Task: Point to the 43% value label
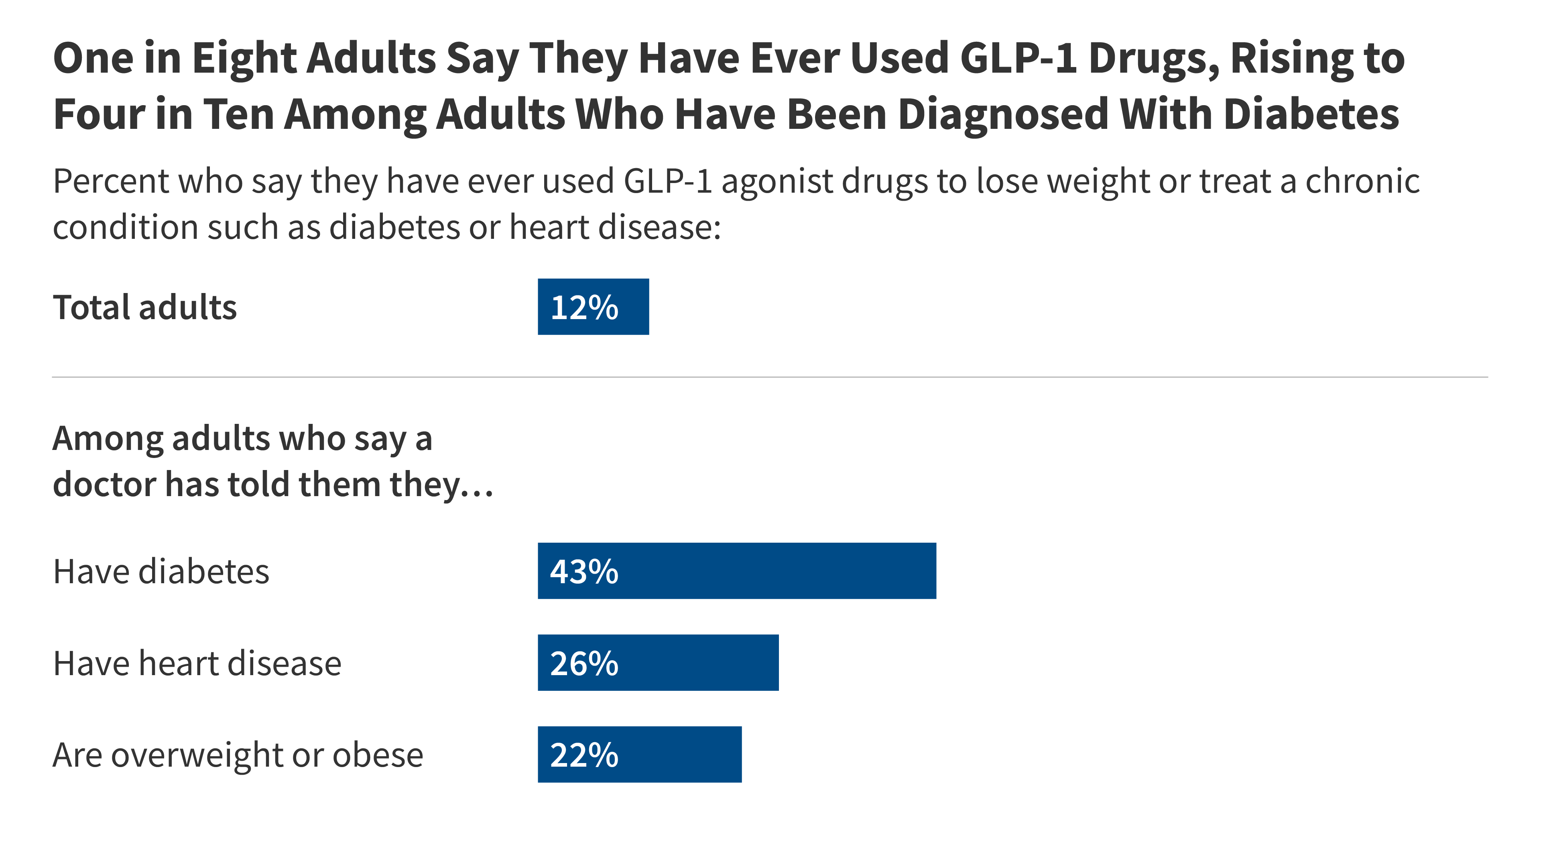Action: coord(584,572)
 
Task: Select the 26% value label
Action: coord(584,663)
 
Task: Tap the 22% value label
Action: coord(584,755)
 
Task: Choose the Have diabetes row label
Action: coord(161,572)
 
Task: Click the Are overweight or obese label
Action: coord(238,755)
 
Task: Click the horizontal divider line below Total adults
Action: coord(769,377)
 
